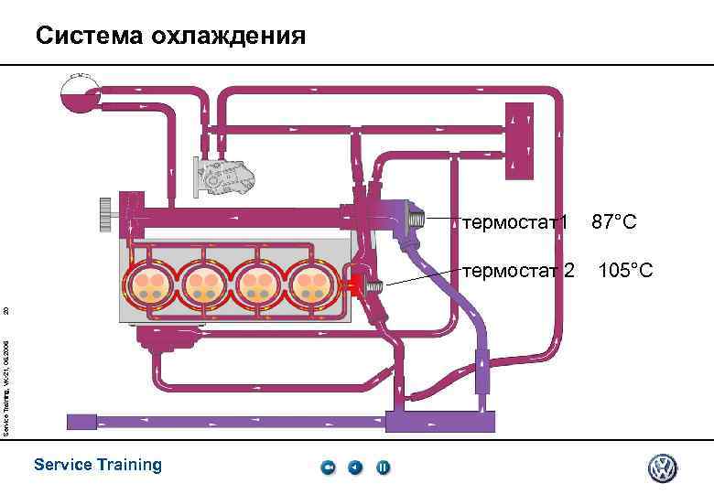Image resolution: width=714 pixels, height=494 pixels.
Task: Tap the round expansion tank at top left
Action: tap(77, 91)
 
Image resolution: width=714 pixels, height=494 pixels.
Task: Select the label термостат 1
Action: tap(516, 222)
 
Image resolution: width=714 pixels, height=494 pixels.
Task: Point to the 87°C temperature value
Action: tap(614, 222)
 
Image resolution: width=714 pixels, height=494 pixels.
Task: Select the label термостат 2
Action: tap(519, 271)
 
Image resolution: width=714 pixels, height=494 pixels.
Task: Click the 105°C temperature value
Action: tap(625, 271)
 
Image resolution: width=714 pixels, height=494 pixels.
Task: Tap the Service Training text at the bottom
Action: tap(97, 465)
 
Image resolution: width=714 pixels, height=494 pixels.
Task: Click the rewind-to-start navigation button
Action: tap(329, 467)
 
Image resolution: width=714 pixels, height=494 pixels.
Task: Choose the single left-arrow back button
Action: tap(355, 467)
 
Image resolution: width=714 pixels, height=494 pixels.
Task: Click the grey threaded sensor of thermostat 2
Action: tap(373, 287)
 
